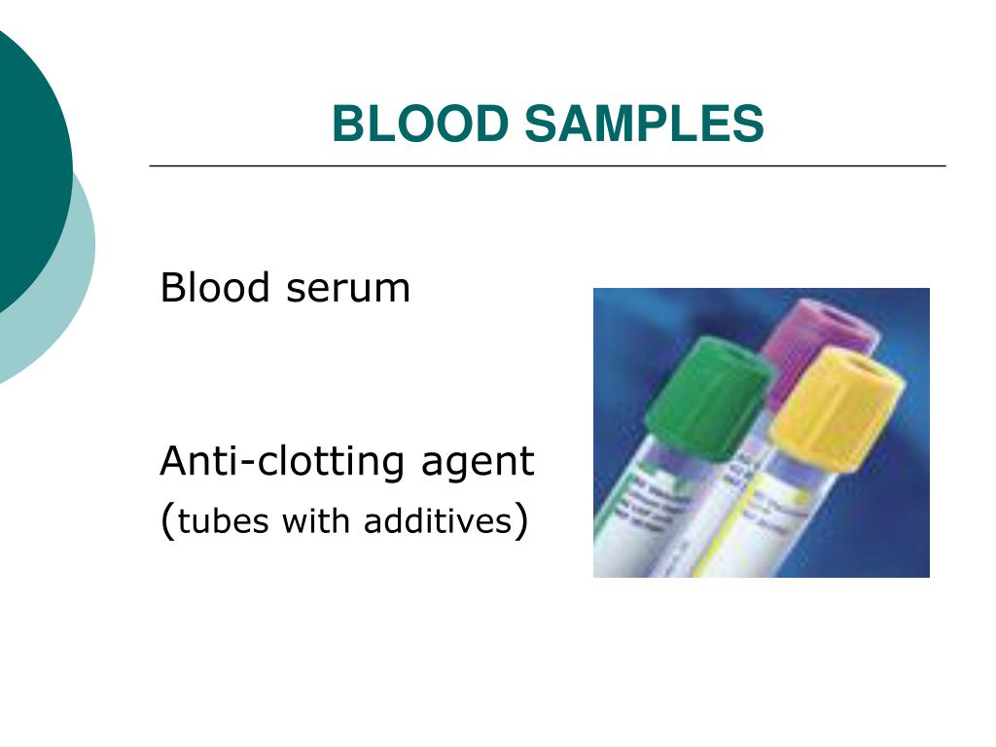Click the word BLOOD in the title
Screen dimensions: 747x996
coord(419,124)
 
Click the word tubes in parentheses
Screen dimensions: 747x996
coord(224,522)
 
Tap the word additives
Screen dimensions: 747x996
coord(437,522)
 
